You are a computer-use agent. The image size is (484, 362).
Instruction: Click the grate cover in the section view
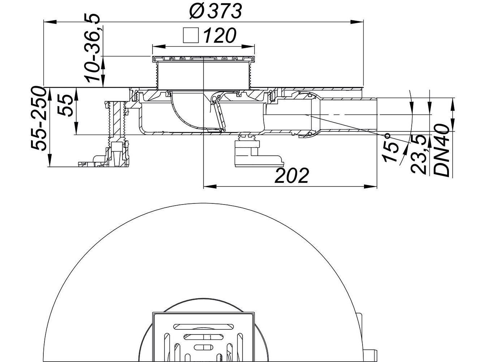point(204,59)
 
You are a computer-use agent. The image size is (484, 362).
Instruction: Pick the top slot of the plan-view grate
point(204,327)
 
